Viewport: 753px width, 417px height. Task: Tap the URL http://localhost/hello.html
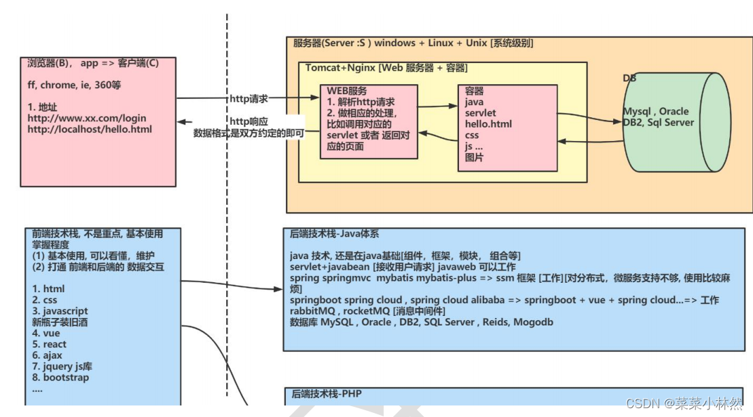[90, 129]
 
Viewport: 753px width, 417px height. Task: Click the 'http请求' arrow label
[249, 99]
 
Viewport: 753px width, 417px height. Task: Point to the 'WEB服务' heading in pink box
[347, 91]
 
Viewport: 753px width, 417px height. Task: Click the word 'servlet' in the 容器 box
[480, 113]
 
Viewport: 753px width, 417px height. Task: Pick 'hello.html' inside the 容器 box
[488, 124]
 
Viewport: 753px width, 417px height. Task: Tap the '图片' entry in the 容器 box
[475, 157]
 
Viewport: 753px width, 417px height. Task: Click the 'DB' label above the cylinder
[630, 79]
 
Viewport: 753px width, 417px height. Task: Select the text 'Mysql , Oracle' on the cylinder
[655, 111]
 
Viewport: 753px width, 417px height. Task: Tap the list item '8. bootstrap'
[60, 378]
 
